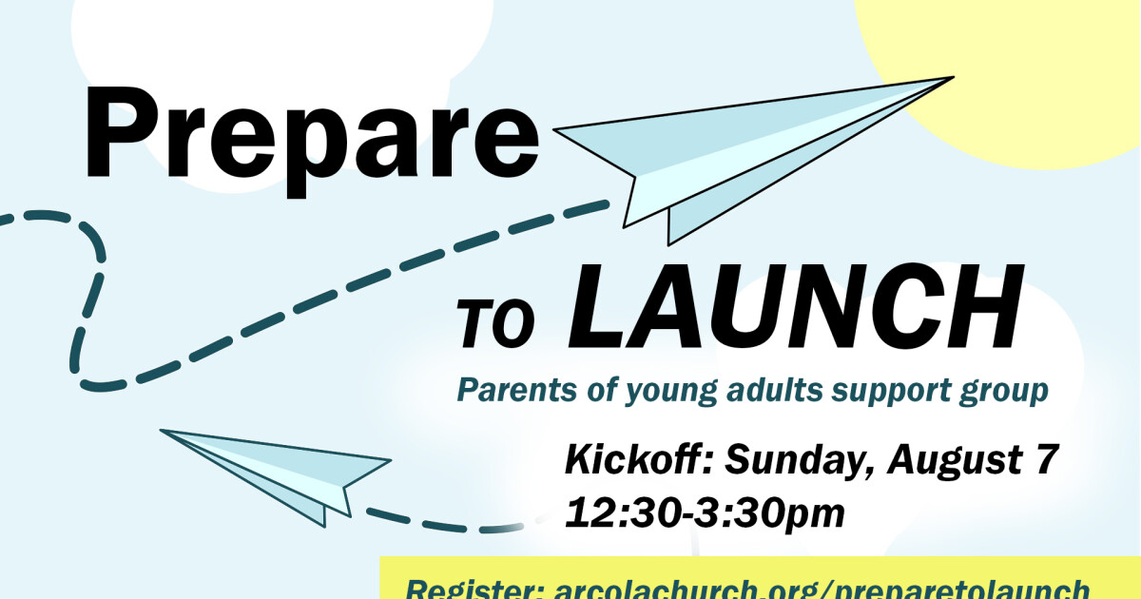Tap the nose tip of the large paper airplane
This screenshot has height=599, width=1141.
point(951,78)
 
